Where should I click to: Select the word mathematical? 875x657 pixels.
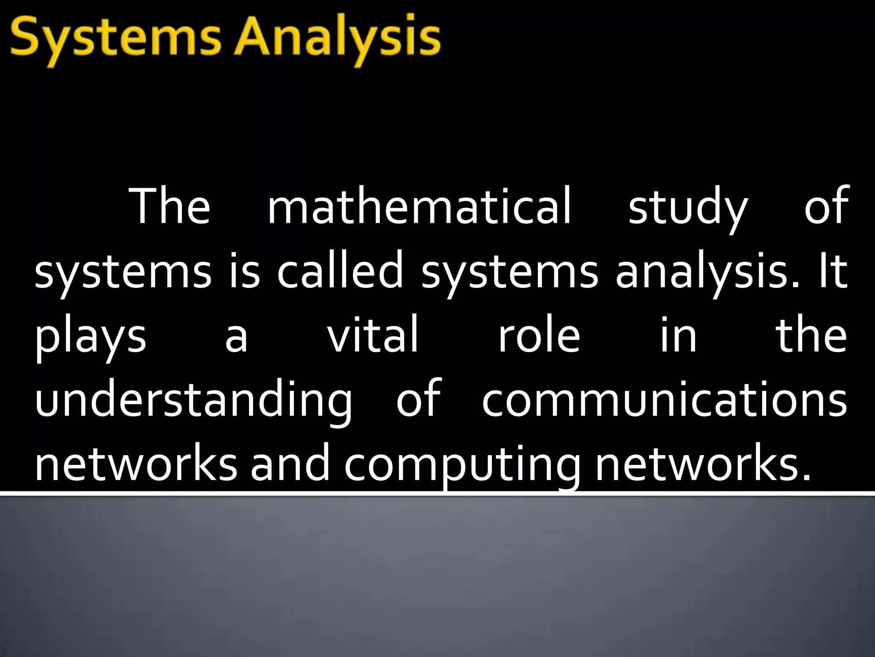click(x=419, y=207)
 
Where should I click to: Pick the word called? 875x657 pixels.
click(x=340, y=271)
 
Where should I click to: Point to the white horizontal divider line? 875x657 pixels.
click(x=437, y=494)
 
